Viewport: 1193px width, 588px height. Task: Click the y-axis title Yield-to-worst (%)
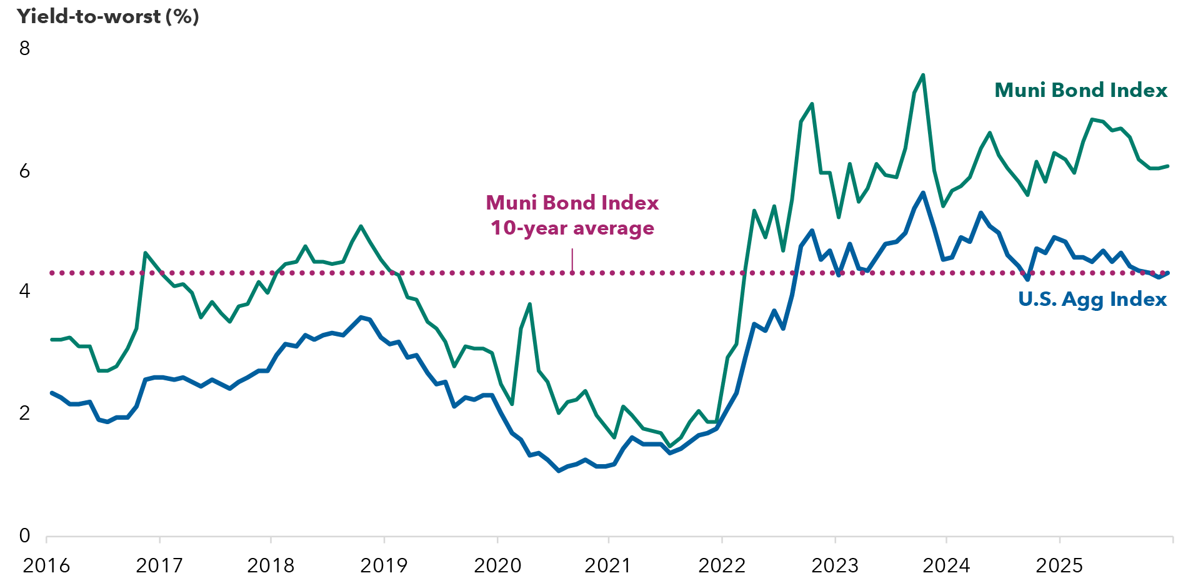tap(107, 16)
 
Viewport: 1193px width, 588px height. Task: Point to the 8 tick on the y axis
tap(24, 48)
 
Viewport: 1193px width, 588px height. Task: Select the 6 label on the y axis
tap(24, 171)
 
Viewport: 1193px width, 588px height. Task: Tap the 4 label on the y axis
tap(24, 291)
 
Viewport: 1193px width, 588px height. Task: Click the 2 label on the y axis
tap(24, 413)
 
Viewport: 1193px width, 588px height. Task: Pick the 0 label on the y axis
tap(24, 535)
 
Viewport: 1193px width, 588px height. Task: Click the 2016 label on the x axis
tap(46, 566)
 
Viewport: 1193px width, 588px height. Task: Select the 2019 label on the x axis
tap(384, 566)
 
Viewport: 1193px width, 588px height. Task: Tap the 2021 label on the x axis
tap(607, 566)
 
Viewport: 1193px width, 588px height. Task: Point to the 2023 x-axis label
tap(834, 566)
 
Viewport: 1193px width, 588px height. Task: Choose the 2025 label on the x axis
tap(1059, 566)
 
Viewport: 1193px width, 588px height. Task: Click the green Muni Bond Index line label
tap(1081, 91)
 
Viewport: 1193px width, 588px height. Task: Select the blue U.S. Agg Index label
tap(1092, 300)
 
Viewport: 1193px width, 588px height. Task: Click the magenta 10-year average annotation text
tap(572, 215)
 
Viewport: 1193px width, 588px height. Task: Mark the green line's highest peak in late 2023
tap(923, 75)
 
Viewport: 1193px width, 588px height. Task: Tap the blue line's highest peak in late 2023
tap(923, 193)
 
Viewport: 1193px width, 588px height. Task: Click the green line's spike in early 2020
tap(530, 304)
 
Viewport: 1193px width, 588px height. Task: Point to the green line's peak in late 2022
tap(812, 104)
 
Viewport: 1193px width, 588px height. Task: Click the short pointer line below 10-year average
tap(572, 260)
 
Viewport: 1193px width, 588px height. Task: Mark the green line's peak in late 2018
tap(361, 226)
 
